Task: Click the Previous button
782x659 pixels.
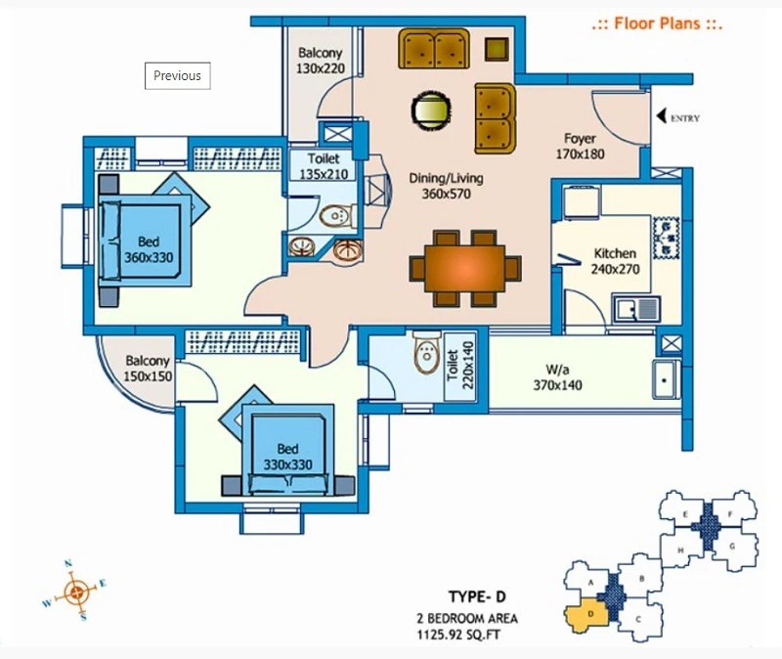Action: (x=177, y=75)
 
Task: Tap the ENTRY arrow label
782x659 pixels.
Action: (x=676, y=118)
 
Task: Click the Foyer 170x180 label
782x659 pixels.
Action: (x=581, y=147)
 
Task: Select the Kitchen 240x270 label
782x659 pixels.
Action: (x=615, y=261)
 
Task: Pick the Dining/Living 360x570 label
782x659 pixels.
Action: (x=446, y=187)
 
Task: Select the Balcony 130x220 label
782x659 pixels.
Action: (x=321, y=63)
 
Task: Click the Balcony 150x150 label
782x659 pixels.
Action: (x=147, y=369)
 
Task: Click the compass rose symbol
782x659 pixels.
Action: (x=75, y=590)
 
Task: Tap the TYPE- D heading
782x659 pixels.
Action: (x=478, y=598)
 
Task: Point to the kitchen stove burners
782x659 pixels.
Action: (x=668, y=237)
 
